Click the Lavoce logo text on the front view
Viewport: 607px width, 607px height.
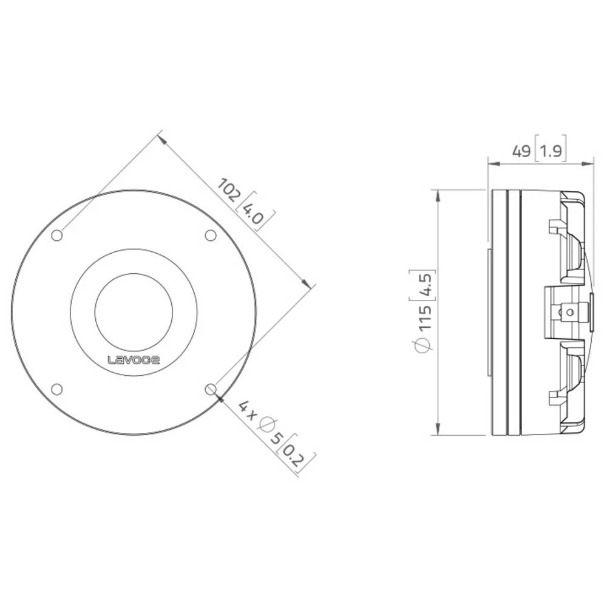(x=134, y=359)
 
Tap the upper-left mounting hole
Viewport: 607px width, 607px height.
(x=56, y=236)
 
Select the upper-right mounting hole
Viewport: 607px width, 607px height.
(x=211, y=236)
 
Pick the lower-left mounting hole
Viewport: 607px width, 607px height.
(x=56, y=389)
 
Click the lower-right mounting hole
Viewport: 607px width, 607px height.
(x=211, y=389)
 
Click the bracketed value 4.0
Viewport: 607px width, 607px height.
(x=254, y=214)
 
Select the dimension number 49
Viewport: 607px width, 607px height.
(x=520, y=151)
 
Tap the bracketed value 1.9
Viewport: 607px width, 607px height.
(x=551, y=151)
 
